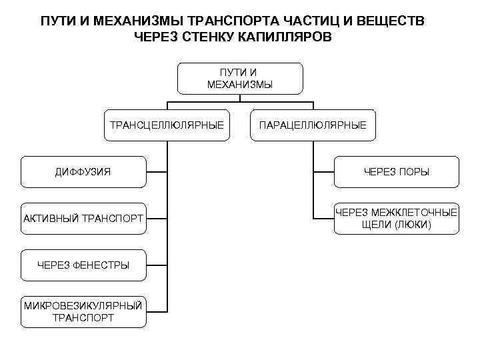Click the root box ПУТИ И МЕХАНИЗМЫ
click(240, 78)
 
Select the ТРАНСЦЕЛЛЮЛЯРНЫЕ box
click(167, 125)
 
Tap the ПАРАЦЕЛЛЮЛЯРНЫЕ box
click(313, 125)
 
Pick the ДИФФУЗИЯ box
click(83, 172)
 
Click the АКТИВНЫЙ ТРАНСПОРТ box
click(83, 219)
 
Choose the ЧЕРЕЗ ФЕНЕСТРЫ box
click(83, 265)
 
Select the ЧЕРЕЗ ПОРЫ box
click(397, 172)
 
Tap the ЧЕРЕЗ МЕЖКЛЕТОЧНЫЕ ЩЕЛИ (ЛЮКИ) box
click(397, 219)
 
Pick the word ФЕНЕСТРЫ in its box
click(101, 265)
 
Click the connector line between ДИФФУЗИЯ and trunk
click(157, 172)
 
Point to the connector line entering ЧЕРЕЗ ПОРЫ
click(324, 172)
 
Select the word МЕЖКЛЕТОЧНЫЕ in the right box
click(413, 213)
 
